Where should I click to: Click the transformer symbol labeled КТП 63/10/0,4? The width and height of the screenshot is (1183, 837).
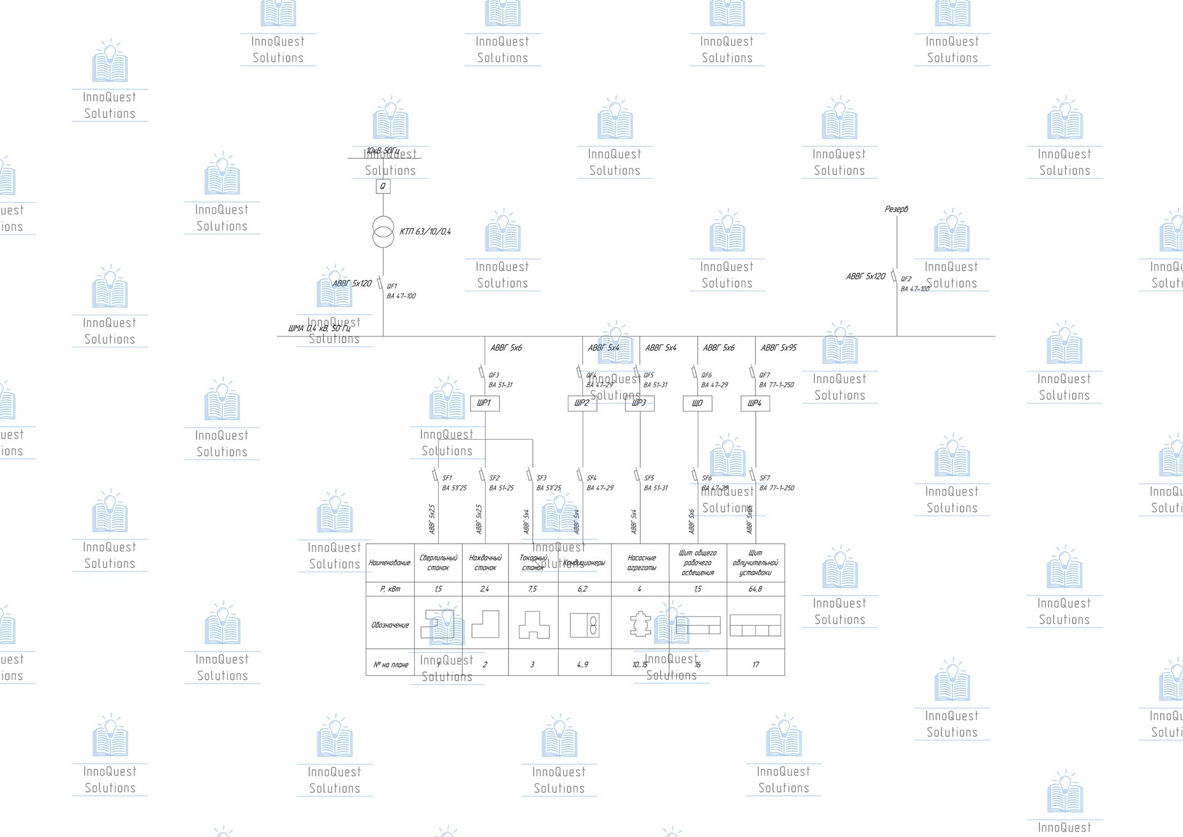(383, 232)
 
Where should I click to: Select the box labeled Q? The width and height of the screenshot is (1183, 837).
(383, 186)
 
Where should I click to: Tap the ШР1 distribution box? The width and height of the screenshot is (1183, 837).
(484, 403)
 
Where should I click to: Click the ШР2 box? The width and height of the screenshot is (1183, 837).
(582, 403)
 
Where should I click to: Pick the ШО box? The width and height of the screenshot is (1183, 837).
(697, 403)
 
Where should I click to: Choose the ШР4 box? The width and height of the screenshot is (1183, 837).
(755, 403)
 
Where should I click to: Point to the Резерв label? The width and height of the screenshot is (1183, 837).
(896, 209)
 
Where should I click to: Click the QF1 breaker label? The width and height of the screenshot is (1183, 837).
(392, 286)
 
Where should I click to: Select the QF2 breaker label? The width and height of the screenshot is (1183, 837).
(906, 279)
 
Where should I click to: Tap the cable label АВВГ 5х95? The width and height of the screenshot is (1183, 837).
(779, 348)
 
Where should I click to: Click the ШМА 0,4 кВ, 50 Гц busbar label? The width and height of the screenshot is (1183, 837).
(319, 328)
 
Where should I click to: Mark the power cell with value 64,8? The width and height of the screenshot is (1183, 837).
(755, 589)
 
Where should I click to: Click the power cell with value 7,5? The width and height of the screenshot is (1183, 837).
(533, 589)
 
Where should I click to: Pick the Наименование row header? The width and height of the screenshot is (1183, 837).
(389, 563)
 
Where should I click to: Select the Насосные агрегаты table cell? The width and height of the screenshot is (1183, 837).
(641, 563)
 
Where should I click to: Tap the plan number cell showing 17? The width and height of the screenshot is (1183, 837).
(756, 665)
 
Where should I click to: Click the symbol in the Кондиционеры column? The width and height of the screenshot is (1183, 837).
(585, 625)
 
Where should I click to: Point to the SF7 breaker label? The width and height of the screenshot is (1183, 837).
(765, 478)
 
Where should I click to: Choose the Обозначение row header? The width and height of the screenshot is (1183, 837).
(390, 625)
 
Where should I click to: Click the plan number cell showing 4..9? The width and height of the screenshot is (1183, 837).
(583, 665)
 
